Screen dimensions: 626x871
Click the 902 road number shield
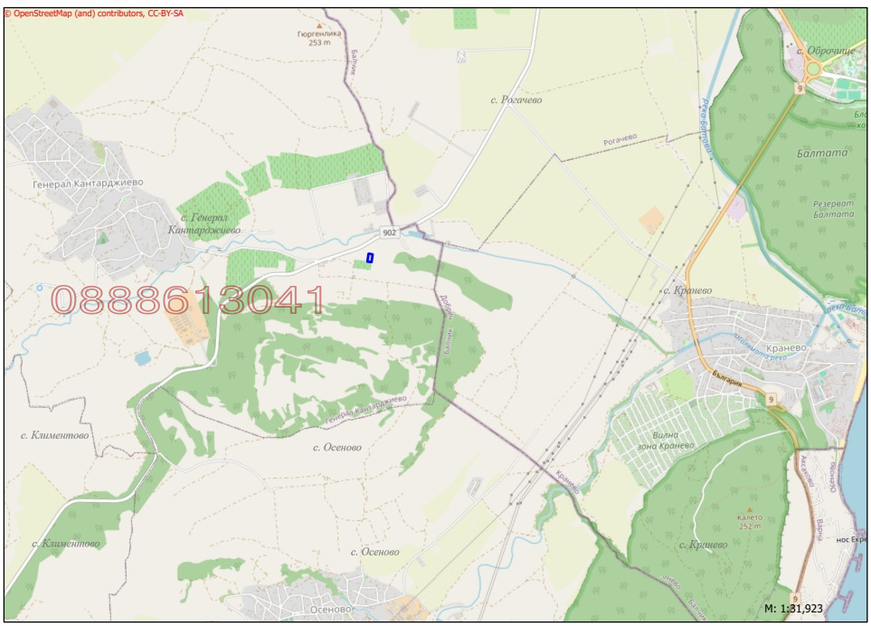pyautogui.click(x=389, y=232)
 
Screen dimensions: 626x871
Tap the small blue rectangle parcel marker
pyautogui.click(x=370, y=258)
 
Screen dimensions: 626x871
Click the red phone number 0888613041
pyautogui.click(x=188, y=300)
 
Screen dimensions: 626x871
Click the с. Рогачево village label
pyautogui.click(x=516, y=100)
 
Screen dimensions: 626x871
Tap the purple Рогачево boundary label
pyautogui.click(x=620, y=138)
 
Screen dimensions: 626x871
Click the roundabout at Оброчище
pyautogui.click(x=812, y=68)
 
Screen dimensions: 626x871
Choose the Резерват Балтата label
pyautogui.click(x=833, y=207)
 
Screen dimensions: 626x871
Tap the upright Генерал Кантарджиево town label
pyautogui.click(x=89, y=183)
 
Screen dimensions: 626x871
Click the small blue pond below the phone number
pyautogui.click(x=142, y=358)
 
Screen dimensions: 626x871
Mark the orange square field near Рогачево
pyautogui.click(x=650, y=220)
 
